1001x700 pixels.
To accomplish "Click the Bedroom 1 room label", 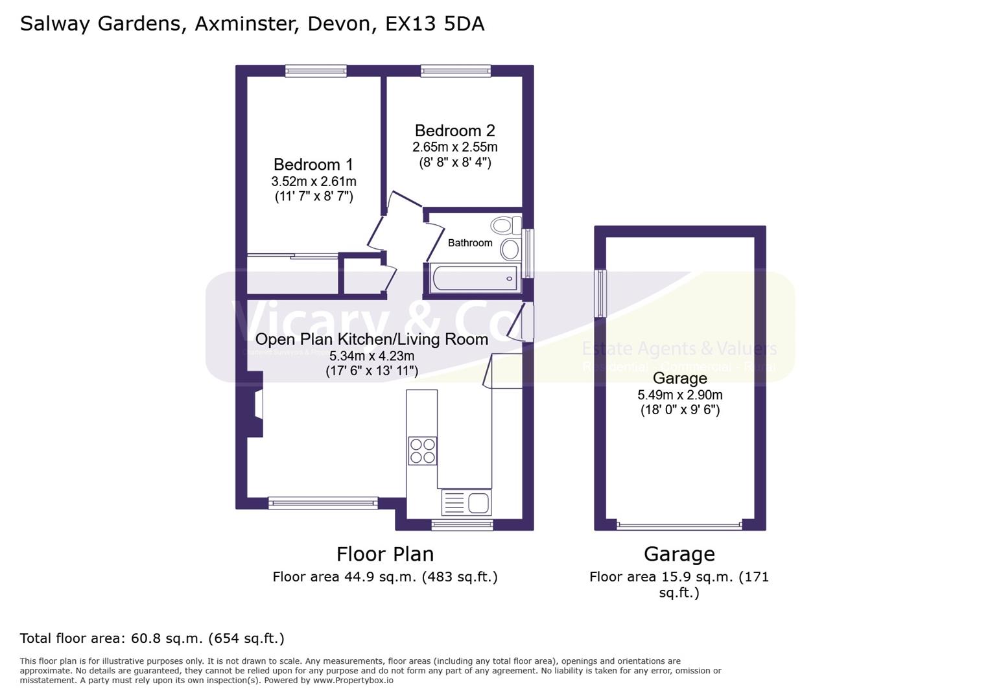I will point(314,165).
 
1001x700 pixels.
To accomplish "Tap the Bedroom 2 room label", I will point(455,131).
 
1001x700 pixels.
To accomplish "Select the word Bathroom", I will point(470,243).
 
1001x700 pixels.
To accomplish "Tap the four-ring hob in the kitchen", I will point(422,451).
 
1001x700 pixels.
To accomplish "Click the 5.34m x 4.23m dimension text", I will point(371,356).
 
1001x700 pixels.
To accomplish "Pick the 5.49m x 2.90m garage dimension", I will point(680,395).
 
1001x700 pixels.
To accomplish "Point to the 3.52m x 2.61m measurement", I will point(314,181).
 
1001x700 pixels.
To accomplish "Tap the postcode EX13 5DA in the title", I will point(434,24).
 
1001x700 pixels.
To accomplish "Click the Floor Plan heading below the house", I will point(385,554).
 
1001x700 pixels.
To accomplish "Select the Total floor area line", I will point(152,638).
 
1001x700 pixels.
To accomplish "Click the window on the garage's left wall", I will point(600,294).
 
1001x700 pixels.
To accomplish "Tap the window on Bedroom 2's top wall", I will point(455,71).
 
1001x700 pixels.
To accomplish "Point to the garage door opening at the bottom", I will point(679,525).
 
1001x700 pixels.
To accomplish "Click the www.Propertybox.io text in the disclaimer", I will point(353,681).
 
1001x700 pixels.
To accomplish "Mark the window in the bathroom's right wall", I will point(528,253).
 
